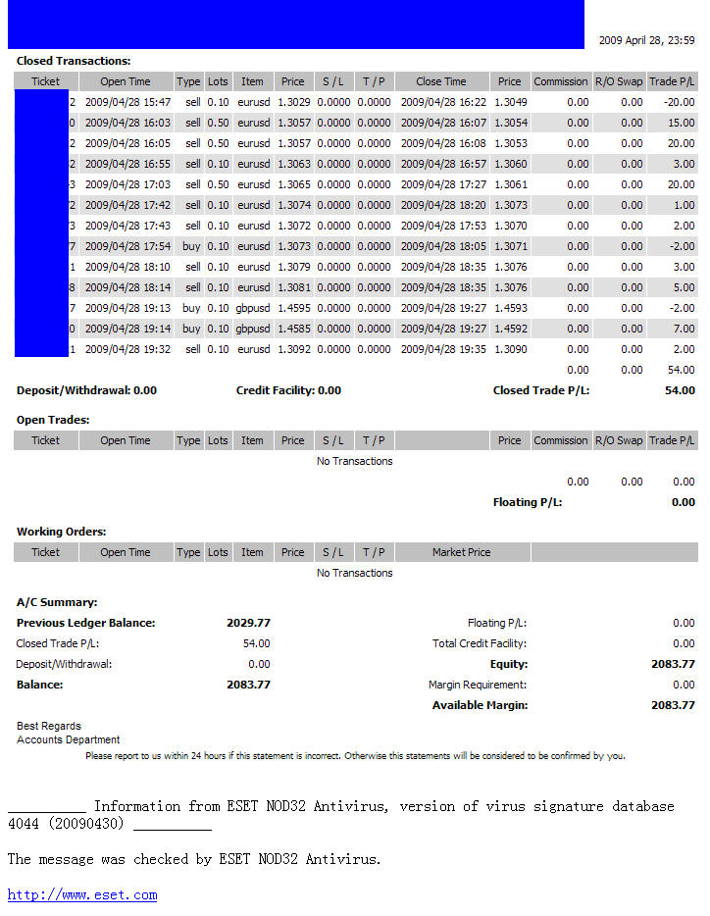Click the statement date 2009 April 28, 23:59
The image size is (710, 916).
[x=646, y=40]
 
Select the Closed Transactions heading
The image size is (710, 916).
[x=74, y=61]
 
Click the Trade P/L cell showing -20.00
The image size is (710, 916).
[x=678, y=102]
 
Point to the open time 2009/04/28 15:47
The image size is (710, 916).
[x=127, y=102]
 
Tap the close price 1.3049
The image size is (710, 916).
[x=510, y=102]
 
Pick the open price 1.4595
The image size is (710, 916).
[x=293, y=308]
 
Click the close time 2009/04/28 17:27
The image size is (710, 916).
[x=443, y=184]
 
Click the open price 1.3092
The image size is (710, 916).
[x=293, y=349]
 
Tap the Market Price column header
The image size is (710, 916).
[x=461, y=552]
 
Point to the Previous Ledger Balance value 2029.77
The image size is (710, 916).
[x=248, y=623]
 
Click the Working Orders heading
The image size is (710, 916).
[x=61, y=532]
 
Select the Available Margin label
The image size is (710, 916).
[x=480, y=705]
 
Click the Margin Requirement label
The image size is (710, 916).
[x=477, y=685]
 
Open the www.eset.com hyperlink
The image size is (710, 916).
[x=82, y=894]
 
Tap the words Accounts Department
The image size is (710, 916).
[x=68, y=739]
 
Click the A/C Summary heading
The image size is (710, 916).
[x=57, y=602]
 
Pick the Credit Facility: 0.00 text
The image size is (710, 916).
[x=288, y=390]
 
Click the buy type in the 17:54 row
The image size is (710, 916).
[x=191, y=246]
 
